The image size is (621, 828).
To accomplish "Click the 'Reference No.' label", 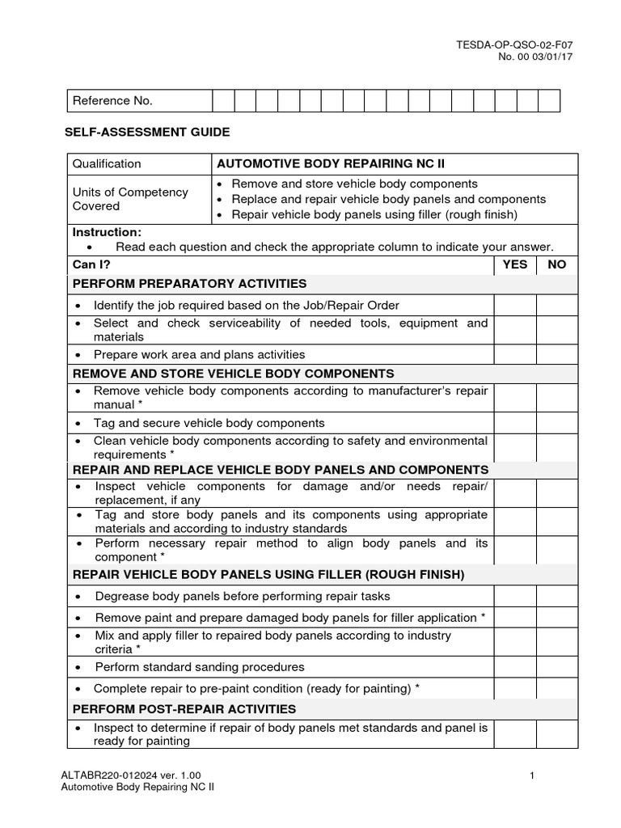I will pyautogui.click(x=112, y=101).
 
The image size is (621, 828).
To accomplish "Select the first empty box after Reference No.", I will pyautogui.click(x=223, y=101).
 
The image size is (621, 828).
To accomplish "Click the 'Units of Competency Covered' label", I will pyautogui.click(x=130, y=199).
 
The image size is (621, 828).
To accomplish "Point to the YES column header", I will pyautogui.click(x=515, y=264).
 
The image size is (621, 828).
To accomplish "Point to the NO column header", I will pyautogui.click(x=557, y=264).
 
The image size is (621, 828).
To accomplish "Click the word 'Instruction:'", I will pyautogui.click(x=107, y=232).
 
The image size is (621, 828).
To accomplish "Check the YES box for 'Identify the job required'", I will pyautogui.click(x=515, y=305).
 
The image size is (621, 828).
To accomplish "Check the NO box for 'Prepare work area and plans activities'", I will pyautogui.click(x=557, y=354).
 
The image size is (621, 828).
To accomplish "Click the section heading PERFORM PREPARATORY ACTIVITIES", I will pyautogui.click(x=190, y=284).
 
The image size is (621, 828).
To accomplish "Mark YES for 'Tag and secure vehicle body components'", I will pyautogui.click(x=515, y=423).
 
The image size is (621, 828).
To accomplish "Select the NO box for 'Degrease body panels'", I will pyautogui.click(x=557, y=596).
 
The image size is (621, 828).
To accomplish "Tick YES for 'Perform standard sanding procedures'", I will pyautogui.click(x=515, y=667).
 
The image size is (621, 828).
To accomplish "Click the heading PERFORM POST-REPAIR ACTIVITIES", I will pyautogui.click(x=184, y=709).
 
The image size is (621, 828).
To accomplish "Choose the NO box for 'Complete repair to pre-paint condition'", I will pyautogui.click(x=557, y=689).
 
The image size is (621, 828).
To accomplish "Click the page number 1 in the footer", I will pyautogui.click(x=533, y=776).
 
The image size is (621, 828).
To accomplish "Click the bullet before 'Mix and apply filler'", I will pyautogui.click(x=78, y=636).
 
